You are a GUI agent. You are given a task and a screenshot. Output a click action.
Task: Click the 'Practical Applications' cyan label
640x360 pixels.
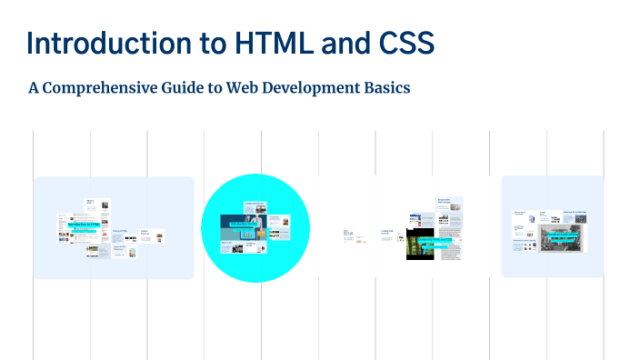pos(547,235)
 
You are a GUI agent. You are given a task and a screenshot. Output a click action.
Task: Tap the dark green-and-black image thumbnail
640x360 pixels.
pos(416,244)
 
